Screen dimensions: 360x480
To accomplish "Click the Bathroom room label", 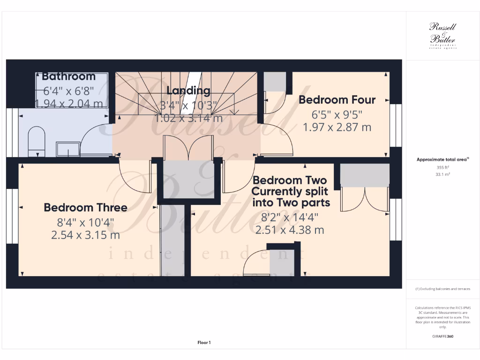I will pyautogui.click(x=68, y=76).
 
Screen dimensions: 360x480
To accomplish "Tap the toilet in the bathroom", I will pyautogui.click(x=37, y=142).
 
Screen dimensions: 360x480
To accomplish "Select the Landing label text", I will pyautogui.click(x=188, y=90).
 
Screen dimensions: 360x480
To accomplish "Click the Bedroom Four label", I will pyautogui.click(x=337, y=100).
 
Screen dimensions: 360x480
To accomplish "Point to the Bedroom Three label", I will pyautogui.click(x=85, y=207).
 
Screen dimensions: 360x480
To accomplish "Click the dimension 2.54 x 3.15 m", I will pyautogui.click(x=85, y=235).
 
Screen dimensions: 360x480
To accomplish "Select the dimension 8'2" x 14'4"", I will pyautogui.click(x=290, y=217).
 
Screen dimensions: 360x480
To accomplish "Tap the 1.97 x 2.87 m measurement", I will pyautogui.click(x=337, y=127).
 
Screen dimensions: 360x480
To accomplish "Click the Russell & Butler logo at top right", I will pyautogui.click(x=442, y=36).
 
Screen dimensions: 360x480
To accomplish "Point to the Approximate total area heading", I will pyautogui.click(x=442, y=160).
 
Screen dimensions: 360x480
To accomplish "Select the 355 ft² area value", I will pyautogui.click(x=442, y=167).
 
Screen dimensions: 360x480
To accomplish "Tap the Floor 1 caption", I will pyautogui.click(x=204, y=343).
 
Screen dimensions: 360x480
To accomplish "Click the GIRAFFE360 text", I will pyautogui.click(x=443, y=336).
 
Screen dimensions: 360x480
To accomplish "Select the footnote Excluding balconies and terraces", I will pyautogui.click(x=442, y=289).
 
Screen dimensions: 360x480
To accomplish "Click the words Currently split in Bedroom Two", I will pyautogui.click(x=291, y=191).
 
